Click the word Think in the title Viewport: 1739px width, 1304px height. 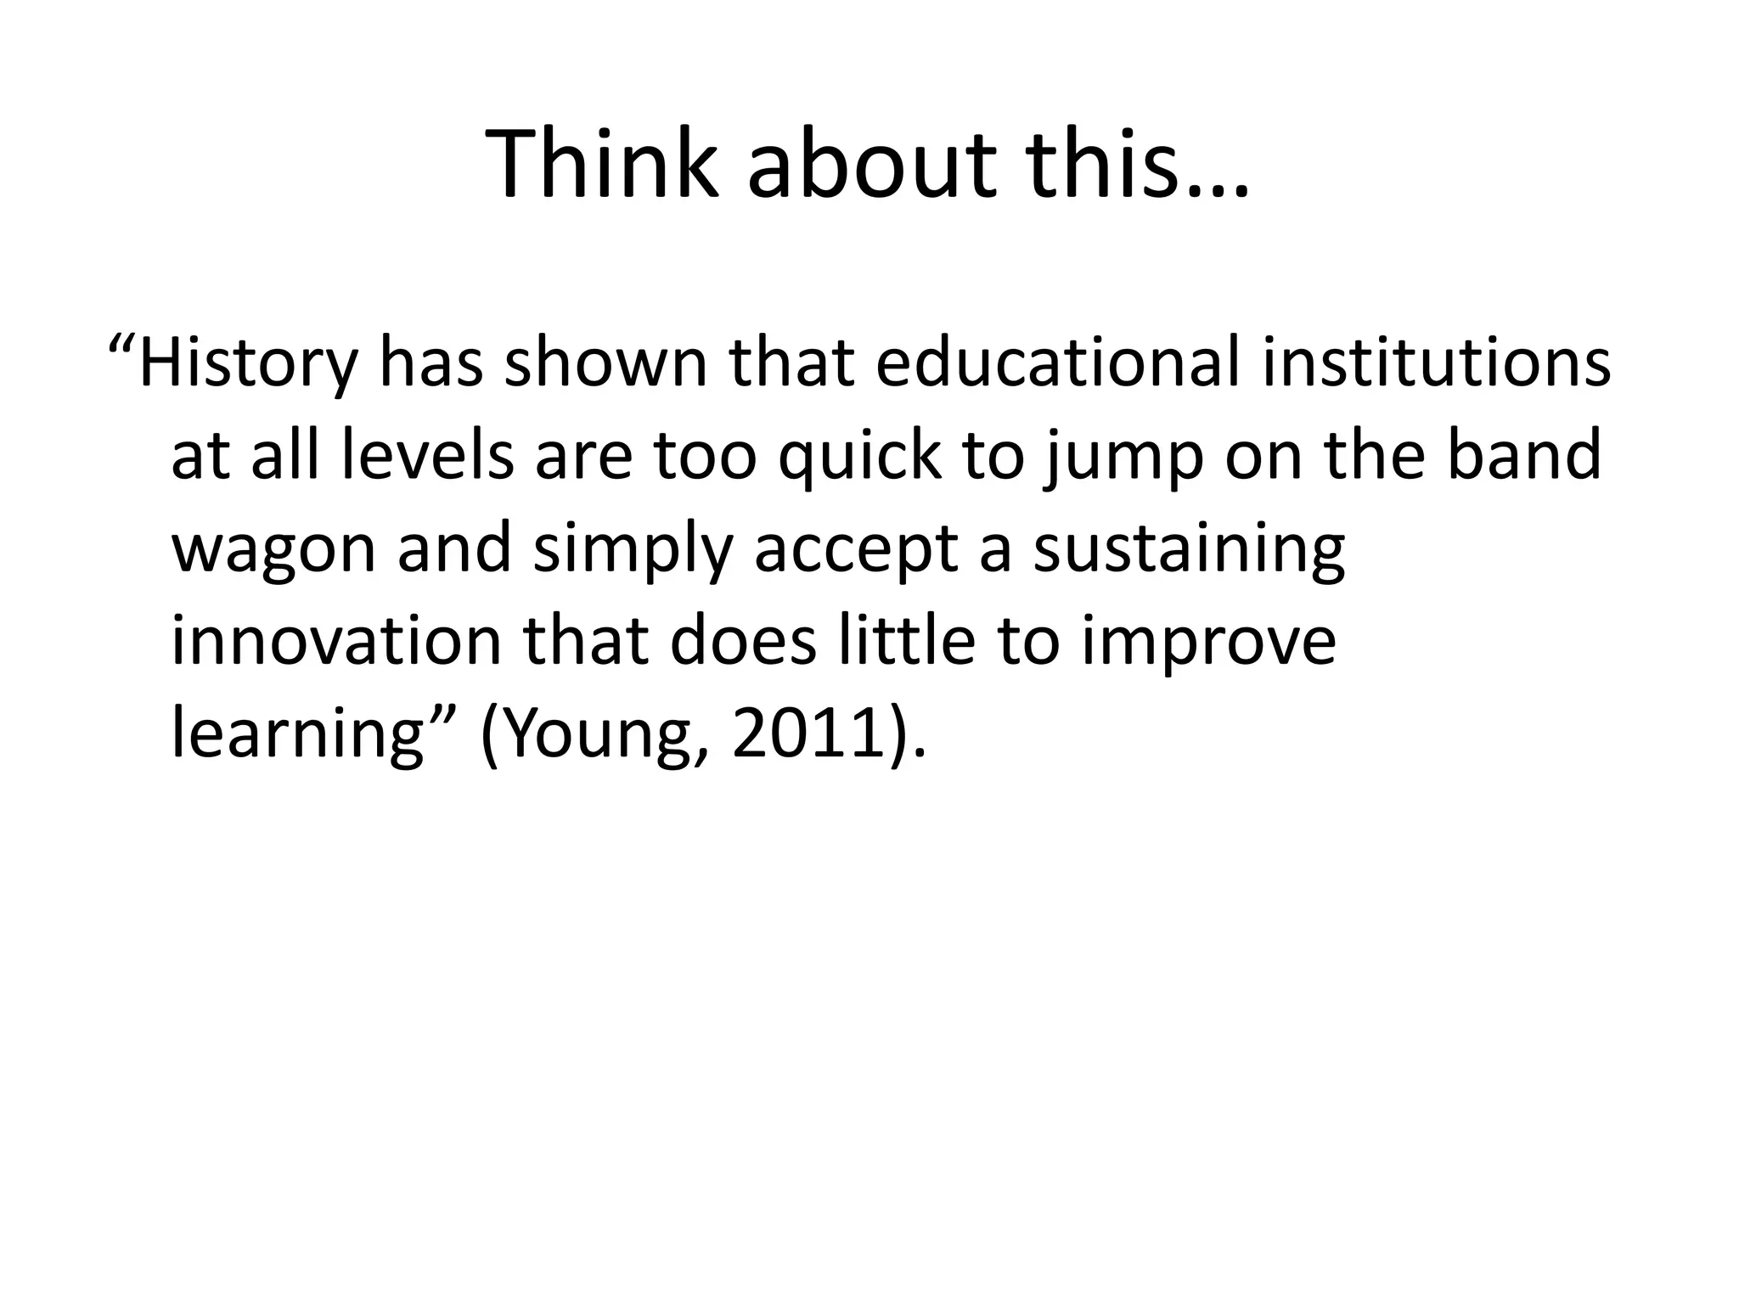(603, 166)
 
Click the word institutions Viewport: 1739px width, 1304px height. (1436, 363)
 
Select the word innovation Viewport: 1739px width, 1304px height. (336, 641)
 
